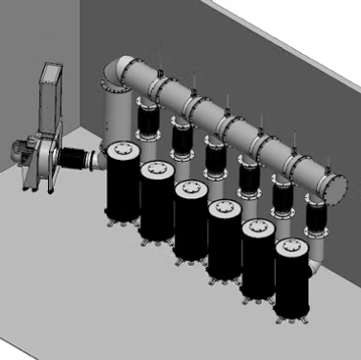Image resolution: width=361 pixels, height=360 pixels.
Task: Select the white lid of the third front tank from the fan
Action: (189, 189)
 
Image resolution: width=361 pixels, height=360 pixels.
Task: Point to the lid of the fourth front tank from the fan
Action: (223, 210)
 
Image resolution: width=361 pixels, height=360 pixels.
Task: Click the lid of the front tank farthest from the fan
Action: (290, 247)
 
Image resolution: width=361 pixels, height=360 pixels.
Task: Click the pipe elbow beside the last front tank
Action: (318, 257)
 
